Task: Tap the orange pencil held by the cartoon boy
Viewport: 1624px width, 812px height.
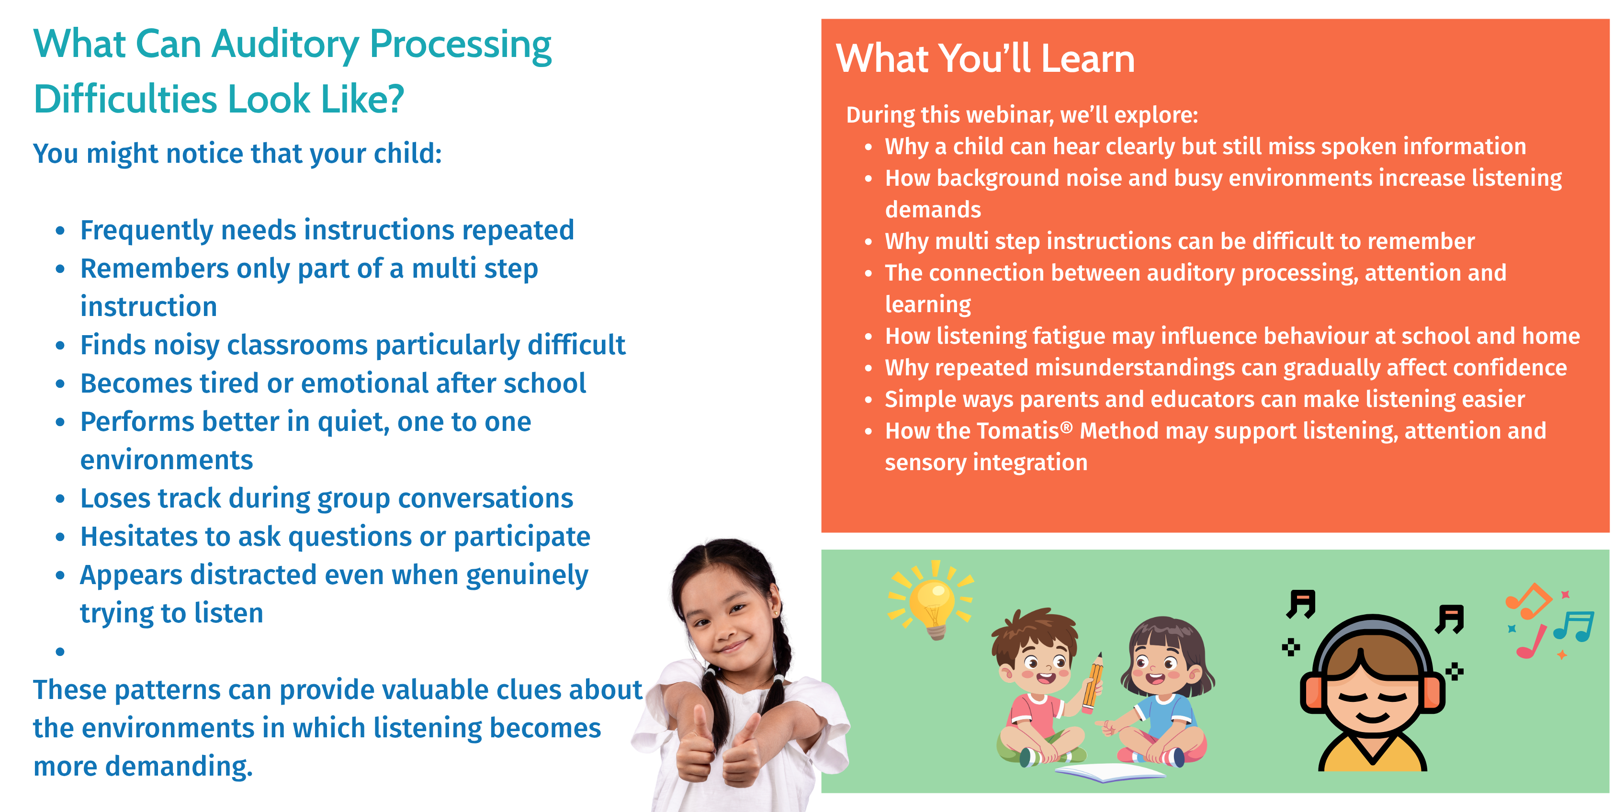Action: pos(1093,684)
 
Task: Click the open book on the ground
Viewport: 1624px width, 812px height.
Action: pos(1110,772)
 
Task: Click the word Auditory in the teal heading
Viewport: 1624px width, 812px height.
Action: pos(285,45)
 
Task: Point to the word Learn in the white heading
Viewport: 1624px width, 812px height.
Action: pos(1087,58)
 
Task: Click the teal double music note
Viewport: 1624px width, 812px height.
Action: pos(1574,626)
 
